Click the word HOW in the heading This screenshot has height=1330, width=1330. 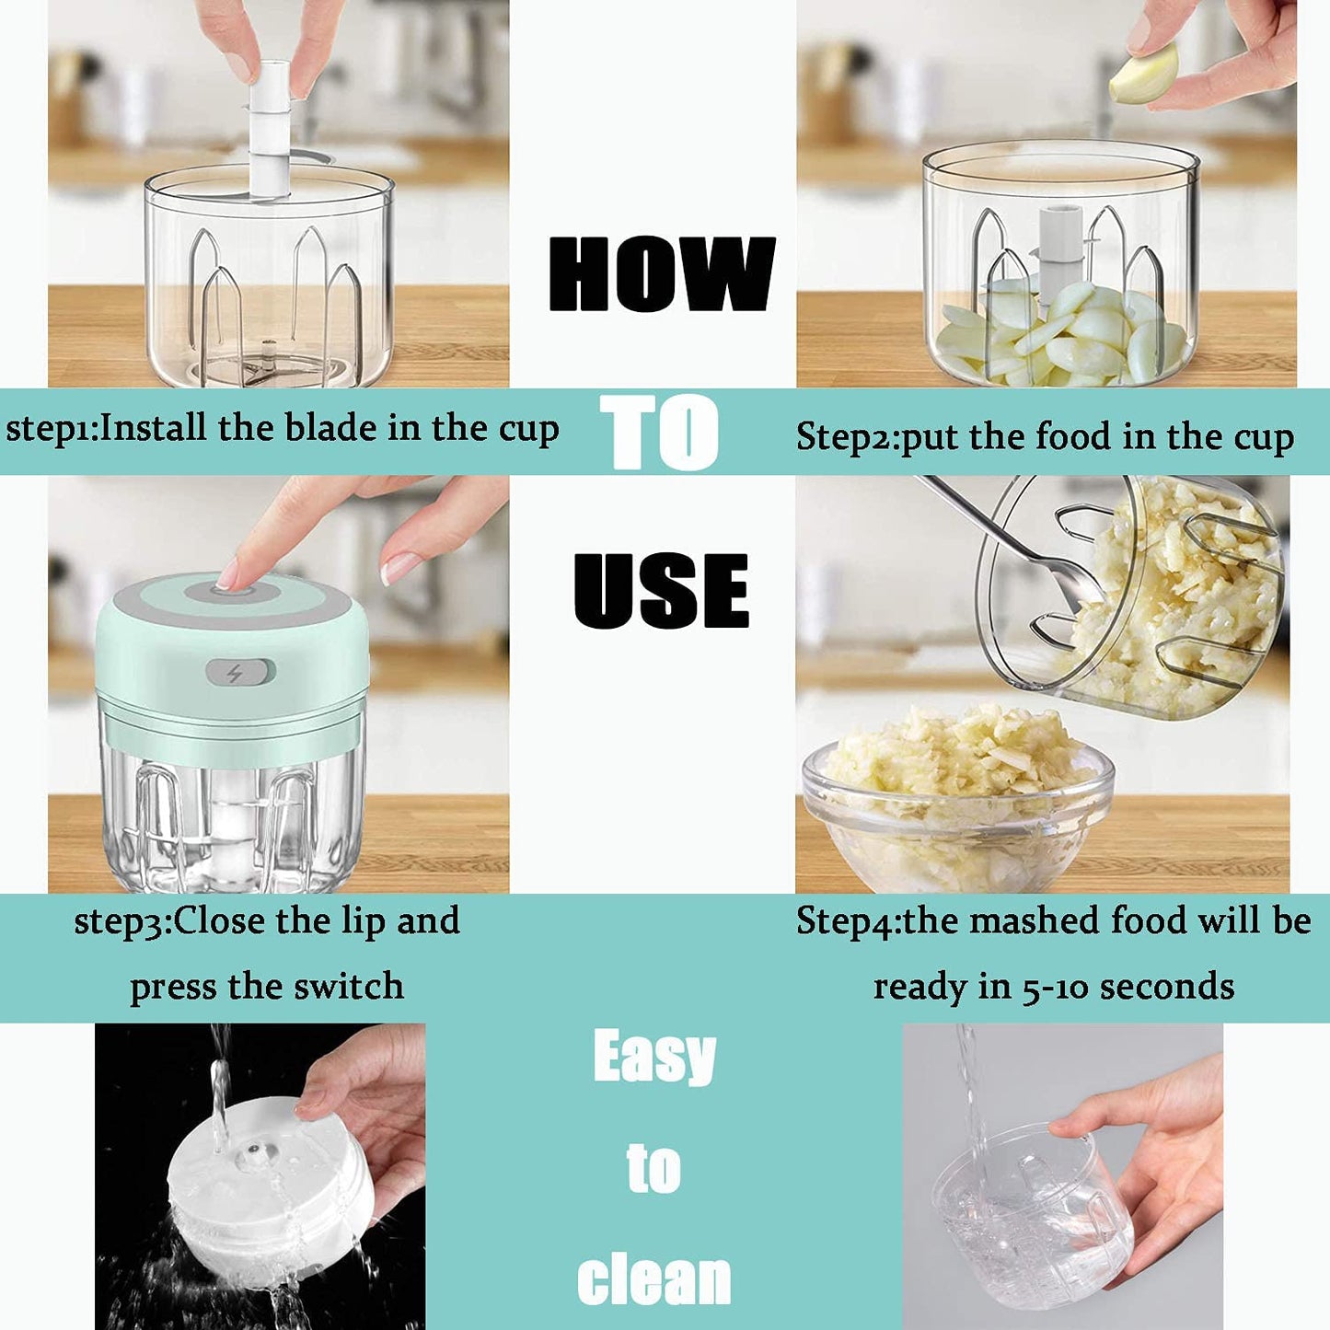tap(661, 273)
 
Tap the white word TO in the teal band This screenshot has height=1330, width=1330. tap(659, 432)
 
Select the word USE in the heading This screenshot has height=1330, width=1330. tap(661, 591)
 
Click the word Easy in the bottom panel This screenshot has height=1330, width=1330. tap(654, 1058)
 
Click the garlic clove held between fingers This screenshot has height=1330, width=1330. tap(1144, 75)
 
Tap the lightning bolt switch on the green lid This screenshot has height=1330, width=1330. tap(238, 673)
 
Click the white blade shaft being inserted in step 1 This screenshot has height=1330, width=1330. tap(269, 129)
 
